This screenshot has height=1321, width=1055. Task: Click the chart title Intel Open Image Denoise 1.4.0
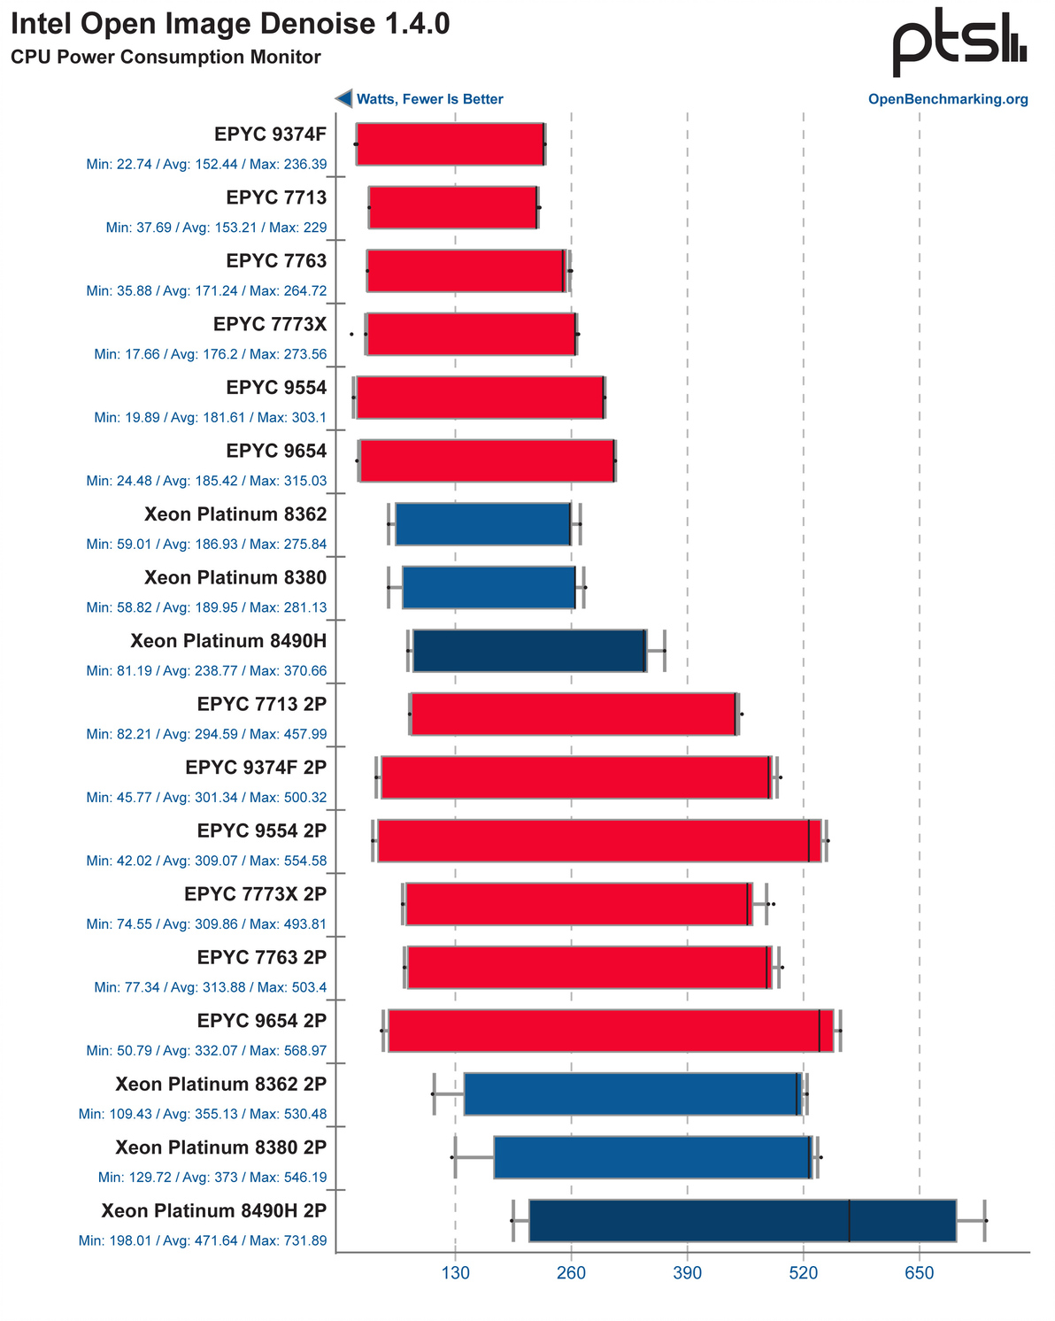(230, 24)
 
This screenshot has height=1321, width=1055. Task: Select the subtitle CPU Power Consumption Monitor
(166, 58)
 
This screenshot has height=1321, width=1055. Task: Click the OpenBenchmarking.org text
(948, 99)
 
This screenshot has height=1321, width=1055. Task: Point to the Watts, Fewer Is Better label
(429, 99)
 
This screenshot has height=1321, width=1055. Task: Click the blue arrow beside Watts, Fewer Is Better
(343, 99)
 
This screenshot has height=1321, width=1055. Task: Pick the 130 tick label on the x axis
(455, 1274)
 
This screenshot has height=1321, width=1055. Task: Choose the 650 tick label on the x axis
(919, 1274)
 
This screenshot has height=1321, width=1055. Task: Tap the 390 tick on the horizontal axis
(687, 1274)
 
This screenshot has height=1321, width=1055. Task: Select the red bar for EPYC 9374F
(450, 143)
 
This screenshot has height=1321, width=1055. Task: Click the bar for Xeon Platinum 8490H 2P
(742, 1220)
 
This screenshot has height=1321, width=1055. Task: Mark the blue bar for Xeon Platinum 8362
(483, 523)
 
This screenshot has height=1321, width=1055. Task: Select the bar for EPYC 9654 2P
(610, 1031)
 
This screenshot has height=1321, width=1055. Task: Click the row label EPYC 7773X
(270, 325)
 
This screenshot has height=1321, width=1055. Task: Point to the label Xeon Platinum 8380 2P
(220, 1147)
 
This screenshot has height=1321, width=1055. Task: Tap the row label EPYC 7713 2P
(262, 704)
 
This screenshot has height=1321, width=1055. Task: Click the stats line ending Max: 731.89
(203, 1240)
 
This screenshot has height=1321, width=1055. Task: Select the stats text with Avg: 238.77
(206, 671)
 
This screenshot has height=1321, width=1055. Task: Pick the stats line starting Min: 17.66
(210, 354)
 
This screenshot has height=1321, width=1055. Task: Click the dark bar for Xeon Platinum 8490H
(529, 651)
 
